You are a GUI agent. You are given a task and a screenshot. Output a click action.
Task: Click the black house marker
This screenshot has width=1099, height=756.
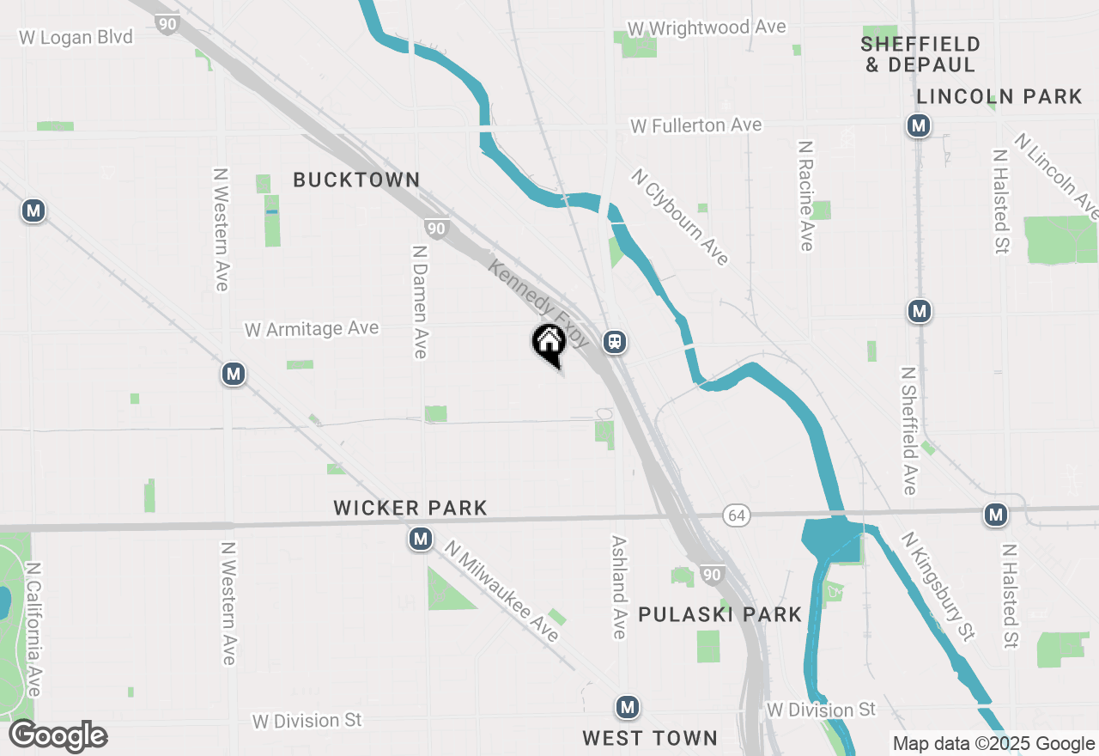point(549,344)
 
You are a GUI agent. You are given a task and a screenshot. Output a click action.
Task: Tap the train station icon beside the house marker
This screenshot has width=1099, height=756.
point(615,342)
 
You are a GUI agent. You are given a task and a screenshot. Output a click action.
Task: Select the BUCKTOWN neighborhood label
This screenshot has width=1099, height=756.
point(356,180)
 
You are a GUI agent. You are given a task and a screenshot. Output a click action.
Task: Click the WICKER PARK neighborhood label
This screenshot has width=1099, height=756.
point(410,508)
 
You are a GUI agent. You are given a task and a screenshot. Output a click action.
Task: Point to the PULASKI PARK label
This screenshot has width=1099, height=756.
point(720,614)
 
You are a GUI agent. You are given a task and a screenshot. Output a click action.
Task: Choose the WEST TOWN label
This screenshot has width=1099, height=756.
point(649,738)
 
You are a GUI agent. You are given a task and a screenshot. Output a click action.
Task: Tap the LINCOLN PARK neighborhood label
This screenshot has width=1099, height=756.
point(999,96)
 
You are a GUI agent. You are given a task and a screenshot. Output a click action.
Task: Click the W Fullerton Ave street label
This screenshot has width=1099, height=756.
point(695,125)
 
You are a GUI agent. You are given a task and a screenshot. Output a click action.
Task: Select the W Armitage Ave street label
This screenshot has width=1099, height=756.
point(312,329)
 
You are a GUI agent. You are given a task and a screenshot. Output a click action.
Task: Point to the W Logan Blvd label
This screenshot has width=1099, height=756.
point(76,37)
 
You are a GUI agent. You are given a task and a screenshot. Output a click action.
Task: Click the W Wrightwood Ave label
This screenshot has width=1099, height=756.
point(707,27)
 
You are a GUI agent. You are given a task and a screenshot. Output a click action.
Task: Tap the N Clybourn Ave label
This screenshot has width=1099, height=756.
point(680,216)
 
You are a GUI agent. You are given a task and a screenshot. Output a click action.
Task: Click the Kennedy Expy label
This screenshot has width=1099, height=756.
point(538,303)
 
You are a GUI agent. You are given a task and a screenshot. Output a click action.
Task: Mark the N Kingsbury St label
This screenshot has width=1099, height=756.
point(938,586)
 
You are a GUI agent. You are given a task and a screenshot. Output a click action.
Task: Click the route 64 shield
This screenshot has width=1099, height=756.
point(735,515)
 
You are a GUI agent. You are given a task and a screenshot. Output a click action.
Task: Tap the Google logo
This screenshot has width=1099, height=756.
point(58,735)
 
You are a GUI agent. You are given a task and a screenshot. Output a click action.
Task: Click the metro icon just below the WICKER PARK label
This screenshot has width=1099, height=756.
point(420,540)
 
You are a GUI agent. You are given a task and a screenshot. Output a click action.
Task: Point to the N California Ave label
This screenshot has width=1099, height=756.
point(33,629)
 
